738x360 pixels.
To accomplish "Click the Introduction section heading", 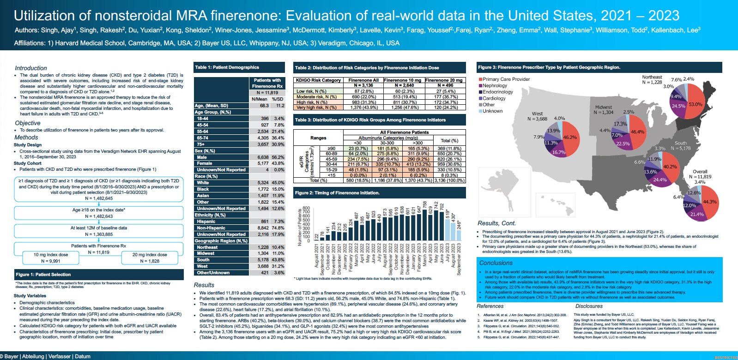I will (x=31, y=68).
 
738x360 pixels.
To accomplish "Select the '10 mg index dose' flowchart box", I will (x=51, y=258).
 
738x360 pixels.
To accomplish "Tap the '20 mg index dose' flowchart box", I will (x=150, y=258).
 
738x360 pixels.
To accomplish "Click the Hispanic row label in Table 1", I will (x=206, y=222).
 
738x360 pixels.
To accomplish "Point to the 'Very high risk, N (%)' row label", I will (x=316, y=108).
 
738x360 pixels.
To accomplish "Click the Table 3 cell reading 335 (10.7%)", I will (x=387, y=164).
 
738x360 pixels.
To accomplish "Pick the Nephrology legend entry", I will (x=495, y=85).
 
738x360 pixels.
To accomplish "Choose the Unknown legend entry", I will (x=492, y=111).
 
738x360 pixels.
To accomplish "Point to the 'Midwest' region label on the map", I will (x=603, y=107).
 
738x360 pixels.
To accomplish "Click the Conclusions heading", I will (x=496, y=263).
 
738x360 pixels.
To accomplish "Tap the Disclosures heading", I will (x=589, y=306).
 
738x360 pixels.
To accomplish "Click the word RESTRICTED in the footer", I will (x=726, y=358).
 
